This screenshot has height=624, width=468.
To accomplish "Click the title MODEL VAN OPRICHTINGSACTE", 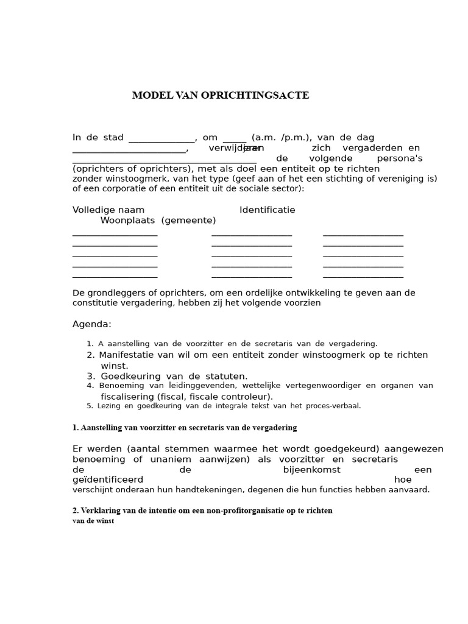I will point(221,96).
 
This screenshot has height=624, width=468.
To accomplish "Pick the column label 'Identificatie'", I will point(267,210).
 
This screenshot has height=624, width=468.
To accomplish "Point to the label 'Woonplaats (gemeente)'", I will point(158,221).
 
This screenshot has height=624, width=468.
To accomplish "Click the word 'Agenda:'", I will point(92,324).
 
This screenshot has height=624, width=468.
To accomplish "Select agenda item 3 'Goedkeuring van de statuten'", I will point(174,377).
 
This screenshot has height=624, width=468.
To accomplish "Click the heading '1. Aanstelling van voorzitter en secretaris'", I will point(185,428).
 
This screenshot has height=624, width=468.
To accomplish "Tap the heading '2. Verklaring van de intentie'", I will point(202,511).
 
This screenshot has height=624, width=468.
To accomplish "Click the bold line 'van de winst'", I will point(93,521).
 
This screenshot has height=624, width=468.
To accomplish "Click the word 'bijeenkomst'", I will point(311,470).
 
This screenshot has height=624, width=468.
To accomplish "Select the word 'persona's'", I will point(399,158).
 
